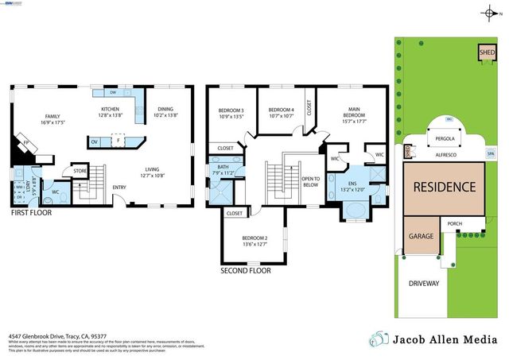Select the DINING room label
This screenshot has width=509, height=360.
[165, 110]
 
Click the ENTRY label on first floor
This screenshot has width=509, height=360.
[119, 188]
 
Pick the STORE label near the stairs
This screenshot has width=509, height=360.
[80, 170]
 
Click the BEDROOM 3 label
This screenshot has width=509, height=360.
[231, 110]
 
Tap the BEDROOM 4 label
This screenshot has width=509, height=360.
[281, 110]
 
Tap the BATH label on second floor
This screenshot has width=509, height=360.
[223, 168]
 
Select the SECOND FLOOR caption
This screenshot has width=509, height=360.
[245, 270]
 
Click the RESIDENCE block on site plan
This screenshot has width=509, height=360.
[444, 188]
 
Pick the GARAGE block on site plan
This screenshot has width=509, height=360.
[421, 237]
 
